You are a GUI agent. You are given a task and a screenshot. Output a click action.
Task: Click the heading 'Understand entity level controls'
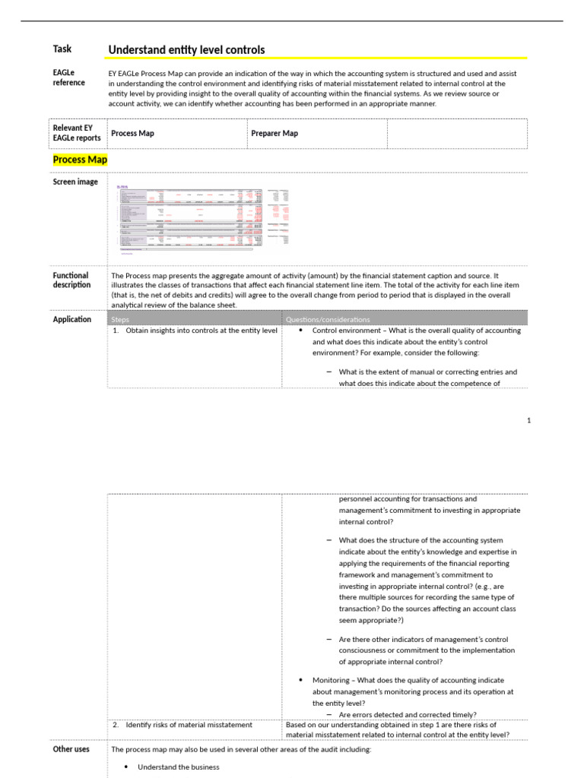tap(186, 50)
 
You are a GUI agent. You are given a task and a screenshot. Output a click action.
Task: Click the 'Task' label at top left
tap(62, 49)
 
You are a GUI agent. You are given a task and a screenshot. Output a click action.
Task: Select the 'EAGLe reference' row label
tap(68, 77)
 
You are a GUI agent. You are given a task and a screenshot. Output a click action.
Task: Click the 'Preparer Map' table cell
tap(275, 134)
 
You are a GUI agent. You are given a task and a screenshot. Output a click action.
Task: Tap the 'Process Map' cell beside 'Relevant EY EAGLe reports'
tap(132, 134)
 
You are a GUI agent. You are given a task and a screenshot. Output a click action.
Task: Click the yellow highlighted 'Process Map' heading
tap(80, 160)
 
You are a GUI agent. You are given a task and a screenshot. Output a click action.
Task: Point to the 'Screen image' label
tap(75, 182)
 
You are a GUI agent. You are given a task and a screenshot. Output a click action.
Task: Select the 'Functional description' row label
tap(71, 280)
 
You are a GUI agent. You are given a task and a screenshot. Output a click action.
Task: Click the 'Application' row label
tap(72, 320)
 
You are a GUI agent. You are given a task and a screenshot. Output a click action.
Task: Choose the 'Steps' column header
tap(120, 320)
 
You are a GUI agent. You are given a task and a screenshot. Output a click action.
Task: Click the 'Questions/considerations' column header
tap(327, 320)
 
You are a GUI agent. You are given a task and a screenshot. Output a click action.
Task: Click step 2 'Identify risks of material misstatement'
tap(189, 725)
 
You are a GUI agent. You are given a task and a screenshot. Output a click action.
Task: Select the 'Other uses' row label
tap(71, 749)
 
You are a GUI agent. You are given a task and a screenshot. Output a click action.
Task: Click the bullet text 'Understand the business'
tap(178, 767)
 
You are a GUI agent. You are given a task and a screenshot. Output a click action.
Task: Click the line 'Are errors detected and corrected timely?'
tap(408, 715)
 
